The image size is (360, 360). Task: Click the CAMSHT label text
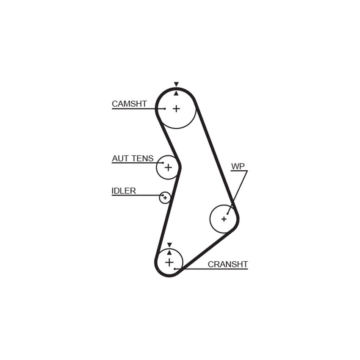point(129,104)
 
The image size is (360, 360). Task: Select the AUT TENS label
point(133,158)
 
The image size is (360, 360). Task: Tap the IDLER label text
point(124,191)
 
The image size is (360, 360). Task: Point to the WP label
point(238,166)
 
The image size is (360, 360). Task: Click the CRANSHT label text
point(228,264)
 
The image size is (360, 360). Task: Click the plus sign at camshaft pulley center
point(176,108)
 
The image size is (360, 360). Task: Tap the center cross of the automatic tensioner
point(168,167)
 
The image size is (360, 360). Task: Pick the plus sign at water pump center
point(224,219)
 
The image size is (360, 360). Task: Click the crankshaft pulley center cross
point(169,262)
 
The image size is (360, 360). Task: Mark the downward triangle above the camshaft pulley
point(176,84)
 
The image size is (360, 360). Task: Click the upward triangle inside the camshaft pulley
point(176,93)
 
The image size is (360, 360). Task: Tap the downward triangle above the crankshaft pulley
point(169,245)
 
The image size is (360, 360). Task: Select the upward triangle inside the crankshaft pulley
point(169,252)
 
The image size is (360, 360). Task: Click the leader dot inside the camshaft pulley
point(165,108)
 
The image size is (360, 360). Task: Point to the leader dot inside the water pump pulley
point(227,214)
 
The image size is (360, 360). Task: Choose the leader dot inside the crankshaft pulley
point(175,269)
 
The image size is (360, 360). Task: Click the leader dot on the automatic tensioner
point(163,163)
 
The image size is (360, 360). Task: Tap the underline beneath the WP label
point(239,171)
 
